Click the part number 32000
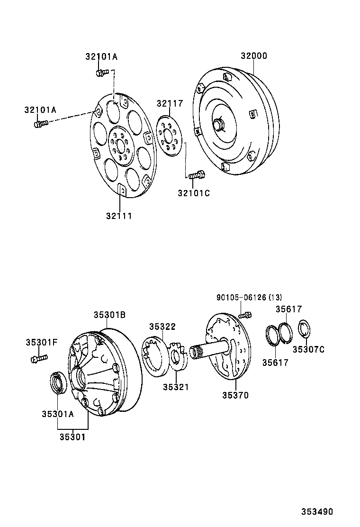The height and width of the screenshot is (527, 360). click(253, 56)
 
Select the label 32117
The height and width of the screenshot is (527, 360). click(170, 103)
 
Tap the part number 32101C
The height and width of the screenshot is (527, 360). click(194, 193)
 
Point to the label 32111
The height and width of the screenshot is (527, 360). click(119, 216)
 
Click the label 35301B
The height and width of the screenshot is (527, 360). click(109, 314)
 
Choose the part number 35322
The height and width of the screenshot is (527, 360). click(162, 327)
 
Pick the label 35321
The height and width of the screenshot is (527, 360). click(176, 387)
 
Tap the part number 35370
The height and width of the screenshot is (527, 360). click(235, 395)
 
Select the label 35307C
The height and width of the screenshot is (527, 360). click(308, 349)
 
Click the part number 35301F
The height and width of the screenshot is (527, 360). click(41, 342)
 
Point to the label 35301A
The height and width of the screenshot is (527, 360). click(57, 414)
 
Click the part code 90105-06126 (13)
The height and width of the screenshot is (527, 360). click(249, 298)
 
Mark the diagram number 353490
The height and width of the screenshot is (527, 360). click(317, 512)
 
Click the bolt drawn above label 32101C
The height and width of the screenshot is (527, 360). click(196, 175)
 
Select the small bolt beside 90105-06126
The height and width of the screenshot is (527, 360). click(245, 315)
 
